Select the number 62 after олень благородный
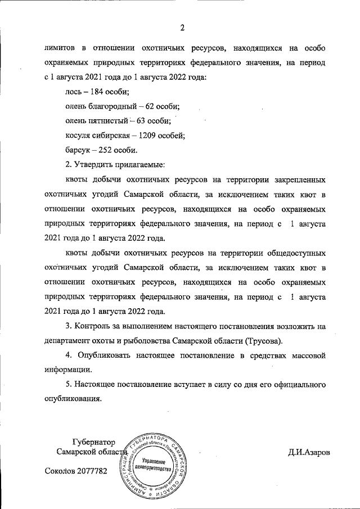tap(154, 106)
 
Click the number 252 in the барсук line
tap(106, 150)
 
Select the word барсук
tap(77, 150)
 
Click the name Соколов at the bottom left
tap(58, 471)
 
